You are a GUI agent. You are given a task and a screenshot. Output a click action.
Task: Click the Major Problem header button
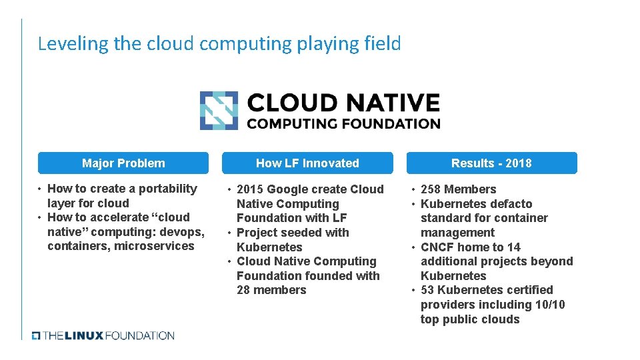pyautogui.click(x=123, y=163)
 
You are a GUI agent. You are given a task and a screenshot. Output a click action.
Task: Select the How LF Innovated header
pyautogui.click(x=307, y=163)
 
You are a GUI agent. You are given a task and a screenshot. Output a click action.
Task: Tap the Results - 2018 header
pyautogui.click(x=491, y=163)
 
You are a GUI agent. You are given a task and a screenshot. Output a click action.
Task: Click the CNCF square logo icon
pyautogui.click(x=219, y=111)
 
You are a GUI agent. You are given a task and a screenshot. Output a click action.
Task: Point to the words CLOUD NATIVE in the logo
pyautogui.click(x=343, y=103)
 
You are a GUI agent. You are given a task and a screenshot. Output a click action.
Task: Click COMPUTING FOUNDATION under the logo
pyautogui.click(x=343, y=123)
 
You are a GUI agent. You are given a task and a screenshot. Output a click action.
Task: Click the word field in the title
pyautogui.click(x=383, y=44)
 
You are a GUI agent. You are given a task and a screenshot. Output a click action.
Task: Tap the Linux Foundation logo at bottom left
pyautogui.click(x=103, y=335)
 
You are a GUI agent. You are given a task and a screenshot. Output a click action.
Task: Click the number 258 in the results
pyautogui.click(x=432, y=189)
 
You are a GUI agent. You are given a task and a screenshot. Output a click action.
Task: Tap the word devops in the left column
pyautogui.click(x=184, y=232)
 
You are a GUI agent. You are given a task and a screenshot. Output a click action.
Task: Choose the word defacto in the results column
pyautogui.click(x=510, y=204)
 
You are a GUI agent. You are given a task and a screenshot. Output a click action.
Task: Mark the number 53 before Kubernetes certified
pyautogui.click(x=427, y=290)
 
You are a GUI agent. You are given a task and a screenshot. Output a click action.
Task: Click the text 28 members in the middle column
pyautogui.click(x=271, y=290)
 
